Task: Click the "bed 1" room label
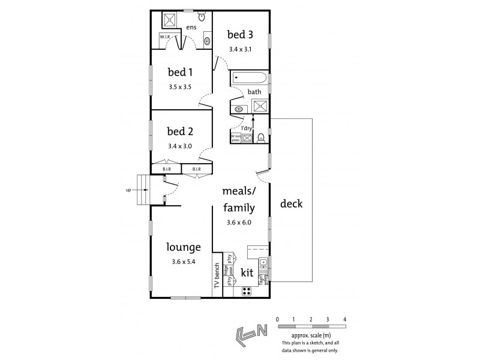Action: pyautogui.click(x=179, y=73)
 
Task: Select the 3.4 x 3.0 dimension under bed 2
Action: pyautogui.click(x=179, y=146)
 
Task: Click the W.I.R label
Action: pyautogui.click(x=166, y=38)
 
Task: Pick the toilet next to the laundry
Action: pyautogui.click(x=260, y=137)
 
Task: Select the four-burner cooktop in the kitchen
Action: pyautogui.click(x=246, y=291)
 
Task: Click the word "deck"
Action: pyautogui.click(x=291, y=203)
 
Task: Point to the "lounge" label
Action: pyautogui.click(x=183, y=247)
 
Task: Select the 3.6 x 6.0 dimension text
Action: pyautogui.click(x=239, y=223)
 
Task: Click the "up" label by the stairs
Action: pyautogui.click(x=128, y=190)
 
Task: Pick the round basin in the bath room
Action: pyautogui.click(x=238, y=109)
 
